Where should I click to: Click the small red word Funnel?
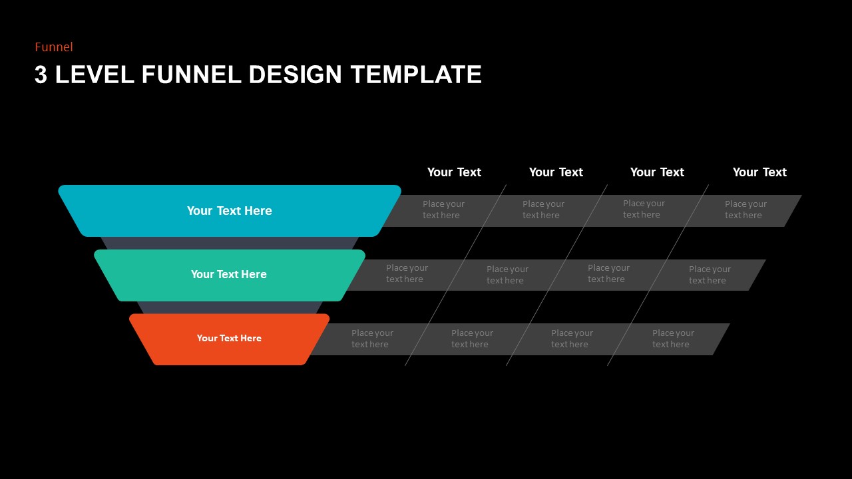[54, 47]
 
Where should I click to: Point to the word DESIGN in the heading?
[296, 75]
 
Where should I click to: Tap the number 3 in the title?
[41, 75]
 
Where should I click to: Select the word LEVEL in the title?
[95, 75]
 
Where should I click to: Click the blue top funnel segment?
[229, 211]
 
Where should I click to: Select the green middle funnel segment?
[229, 275]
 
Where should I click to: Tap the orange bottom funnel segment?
[229, 339]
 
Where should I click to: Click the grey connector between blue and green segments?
[229, 243]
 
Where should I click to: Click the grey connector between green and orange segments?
[229, 307]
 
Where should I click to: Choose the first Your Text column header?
[454, 172]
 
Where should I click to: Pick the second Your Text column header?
[556, 172]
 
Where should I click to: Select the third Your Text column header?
[657, 172]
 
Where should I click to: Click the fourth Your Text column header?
[759, 172]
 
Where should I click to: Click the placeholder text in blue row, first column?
[443, 210]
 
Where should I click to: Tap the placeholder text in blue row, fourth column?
[745, 210]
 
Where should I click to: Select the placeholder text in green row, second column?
[507, 275]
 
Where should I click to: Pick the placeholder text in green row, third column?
[608, 273]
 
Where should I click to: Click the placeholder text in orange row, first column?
[372, 339]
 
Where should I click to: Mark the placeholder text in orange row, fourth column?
[673, 339]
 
